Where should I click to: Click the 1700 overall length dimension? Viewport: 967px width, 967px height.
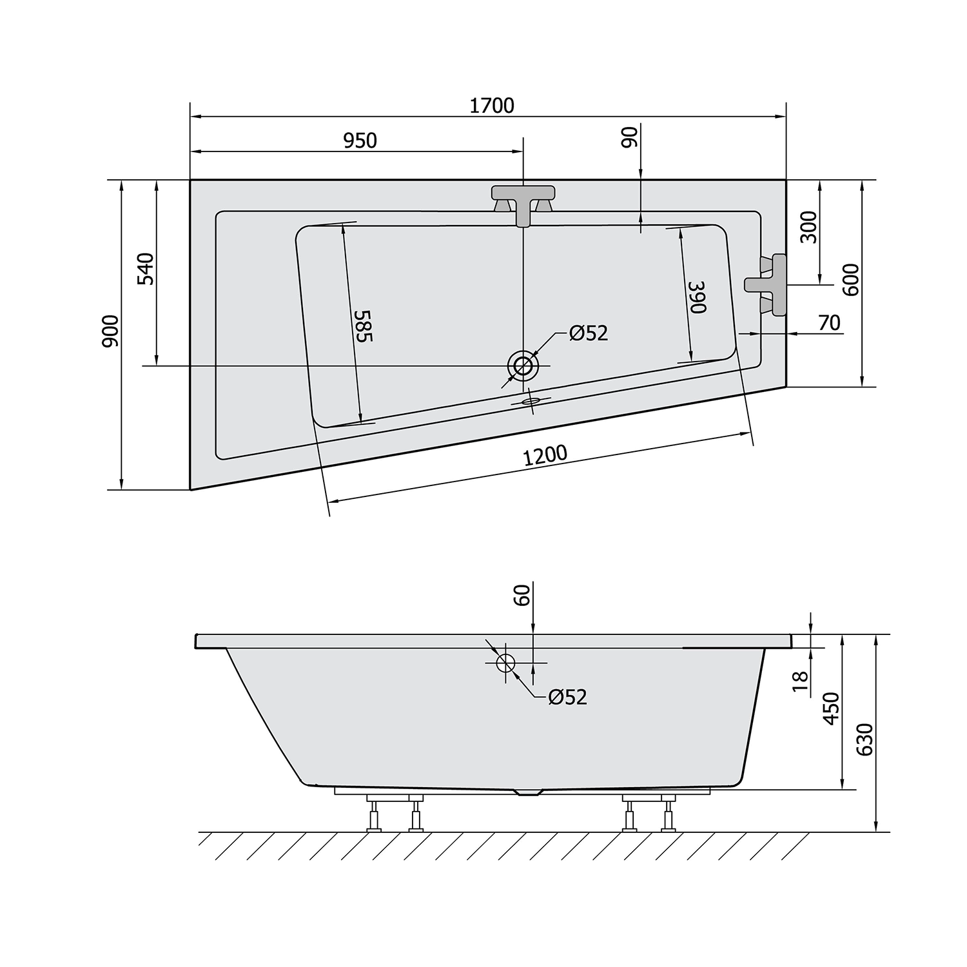(x=491, y=105)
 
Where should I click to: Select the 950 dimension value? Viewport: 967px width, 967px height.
(x=360, y=140)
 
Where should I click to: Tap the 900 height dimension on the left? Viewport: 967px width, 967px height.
(x=111, y=331)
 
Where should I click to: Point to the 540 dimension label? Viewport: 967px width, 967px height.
(x=146, y=269)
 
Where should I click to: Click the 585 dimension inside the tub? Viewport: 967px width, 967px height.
(x=363, y=326)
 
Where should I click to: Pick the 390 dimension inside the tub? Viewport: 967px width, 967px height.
(x=698, y=297)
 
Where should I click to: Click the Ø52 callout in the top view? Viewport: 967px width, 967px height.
(x=588, y=333)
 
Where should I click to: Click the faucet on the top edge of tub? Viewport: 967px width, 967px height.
(x=523, y=200)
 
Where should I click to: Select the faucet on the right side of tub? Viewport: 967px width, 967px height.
(x=768, y=284)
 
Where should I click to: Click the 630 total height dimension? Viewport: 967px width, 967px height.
(x=865, y=739)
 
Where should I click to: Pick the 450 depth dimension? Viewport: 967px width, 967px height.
(x=832, y=708)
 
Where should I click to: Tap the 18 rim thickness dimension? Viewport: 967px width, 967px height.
(x=799, y=681)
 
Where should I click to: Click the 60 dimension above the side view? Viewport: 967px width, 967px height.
(x=522, y=594)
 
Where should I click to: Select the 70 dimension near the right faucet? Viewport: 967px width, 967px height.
(x=830, y=322)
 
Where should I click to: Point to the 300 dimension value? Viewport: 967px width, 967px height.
(x=809, y=227)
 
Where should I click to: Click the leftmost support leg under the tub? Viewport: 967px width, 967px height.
(x=373, y=815)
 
